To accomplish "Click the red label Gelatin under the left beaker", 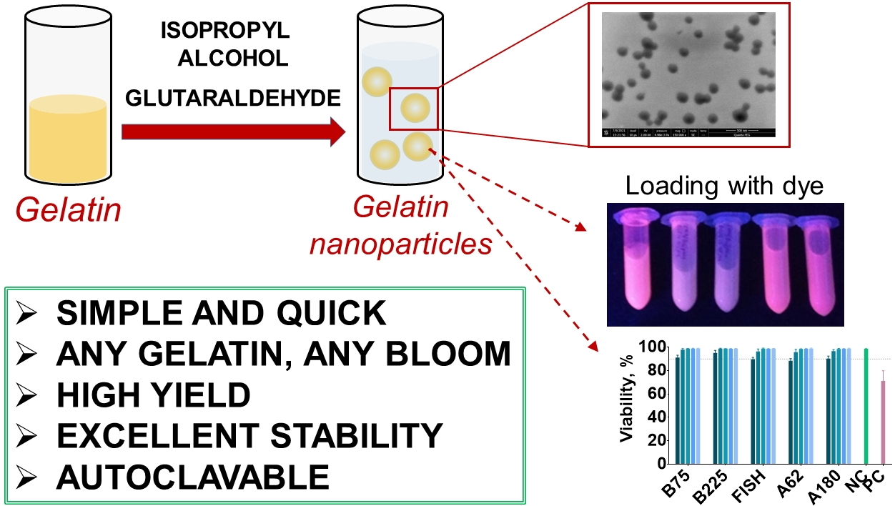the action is click(68, 211).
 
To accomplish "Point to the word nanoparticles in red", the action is click(400, 244).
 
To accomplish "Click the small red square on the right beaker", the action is click(413, 109).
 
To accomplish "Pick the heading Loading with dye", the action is click(724, 187).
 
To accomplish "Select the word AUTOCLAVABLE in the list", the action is click(193, 476).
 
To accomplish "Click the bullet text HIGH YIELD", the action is click(153, 395).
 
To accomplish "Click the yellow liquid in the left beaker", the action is click(68, 143).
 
